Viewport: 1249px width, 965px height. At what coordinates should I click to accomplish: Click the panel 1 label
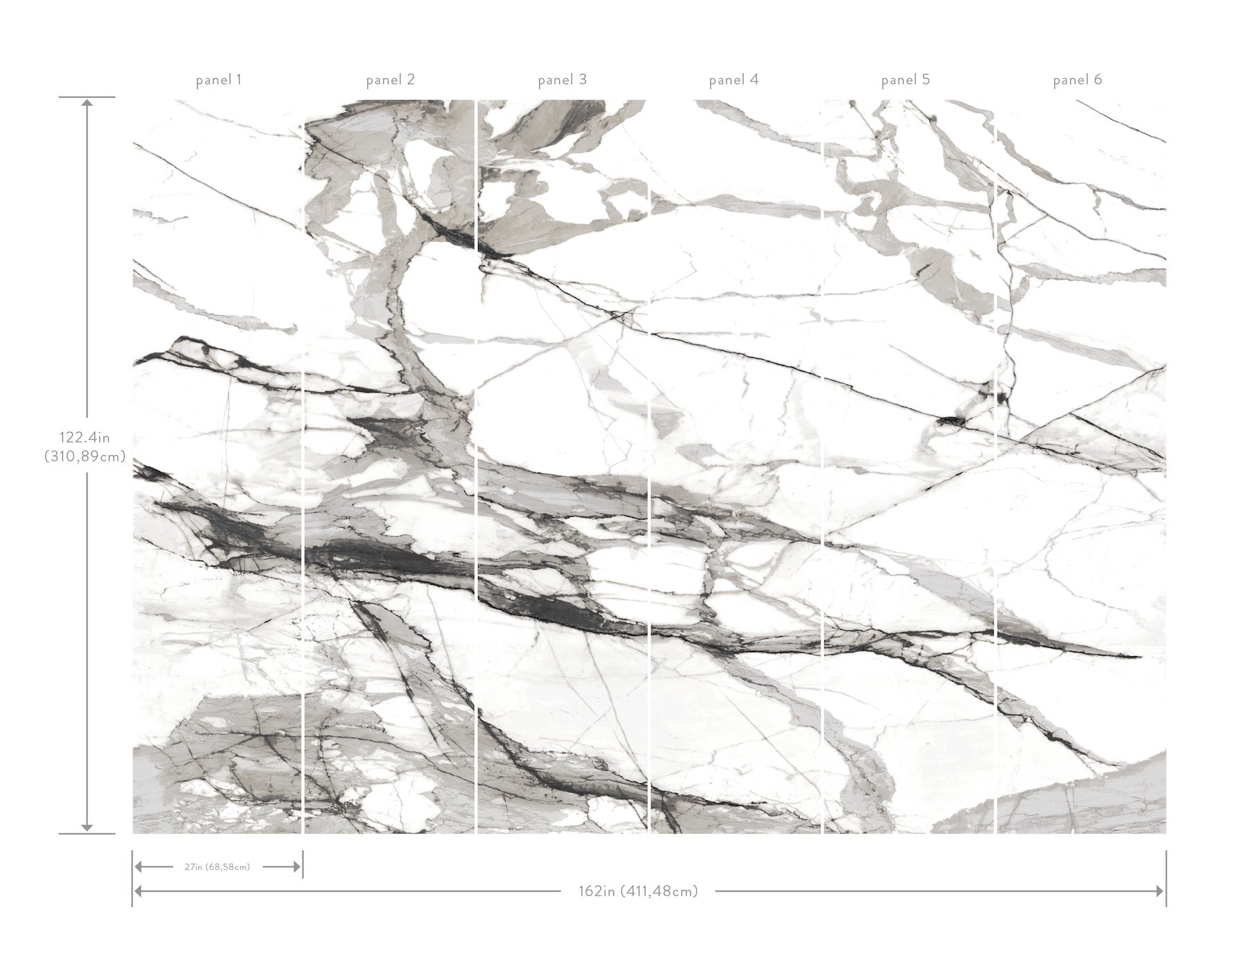click(x=219, y=80)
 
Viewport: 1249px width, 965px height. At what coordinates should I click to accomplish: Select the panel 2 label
click(x=390, y=80)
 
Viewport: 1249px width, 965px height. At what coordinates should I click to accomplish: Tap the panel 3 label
click(x=562, y=80)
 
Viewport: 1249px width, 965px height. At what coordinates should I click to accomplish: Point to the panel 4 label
click(x=733, y=80)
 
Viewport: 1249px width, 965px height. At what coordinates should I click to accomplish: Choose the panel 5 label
click(x=905, y=80)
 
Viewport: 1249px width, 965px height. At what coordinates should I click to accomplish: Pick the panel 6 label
click(x=1077, y=80)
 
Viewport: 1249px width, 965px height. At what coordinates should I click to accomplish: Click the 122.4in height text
click(x=85, y=438)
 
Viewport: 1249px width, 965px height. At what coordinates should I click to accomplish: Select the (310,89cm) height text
click(x=85, y=456)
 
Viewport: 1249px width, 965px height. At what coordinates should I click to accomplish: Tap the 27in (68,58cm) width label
click(x=217, y=866)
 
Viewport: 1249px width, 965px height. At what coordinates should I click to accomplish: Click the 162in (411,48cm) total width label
click(x=638, y=891)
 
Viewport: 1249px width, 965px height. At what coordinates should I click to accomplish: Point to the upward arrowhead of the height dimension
click(x=87, y=103)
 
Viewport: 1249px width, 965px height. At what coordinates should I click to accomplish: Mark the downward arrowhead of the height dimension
click(x=87, y=827)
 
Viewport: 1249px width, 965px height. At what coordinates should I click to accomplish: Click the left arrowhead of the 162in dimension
click(x=138, y=891)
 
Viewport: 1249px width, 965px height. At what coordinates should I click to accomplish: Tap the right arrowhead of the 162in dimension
click(x=1160, y=891)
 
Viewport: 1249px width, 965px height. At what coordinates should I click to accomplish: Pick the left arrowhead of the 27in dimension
click(x=139, y=866)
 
